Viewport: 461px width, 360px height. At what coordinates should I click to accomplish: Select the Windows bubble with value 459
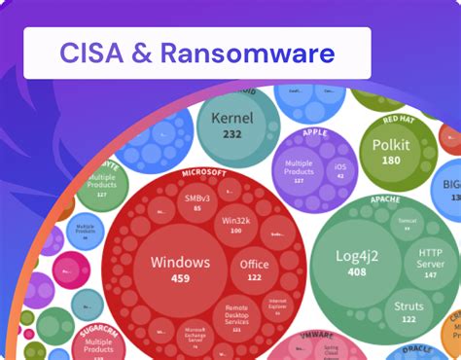[180, 268]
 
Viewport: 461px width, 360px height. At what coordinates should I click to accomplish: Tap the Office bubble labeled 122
[254, 270]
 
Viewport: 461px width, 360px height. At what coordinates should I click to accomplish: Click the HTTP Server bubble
[429, 257]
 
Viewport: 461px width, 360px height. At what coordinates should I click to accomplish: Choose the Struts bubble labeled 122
[408, 311]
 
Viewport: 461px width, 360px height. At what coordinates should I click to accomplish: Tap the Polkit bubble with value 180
[391, 153]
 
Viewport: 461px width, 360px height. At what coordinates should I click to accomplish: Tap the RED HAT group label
[398, 120]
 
